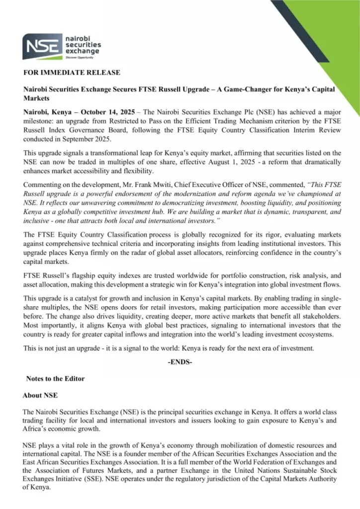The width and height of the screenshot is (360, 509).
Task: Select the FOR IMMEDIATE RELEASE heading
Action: (72, 73)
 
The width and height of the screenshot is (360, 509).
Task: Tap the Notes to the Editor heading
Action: (55, 379)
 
